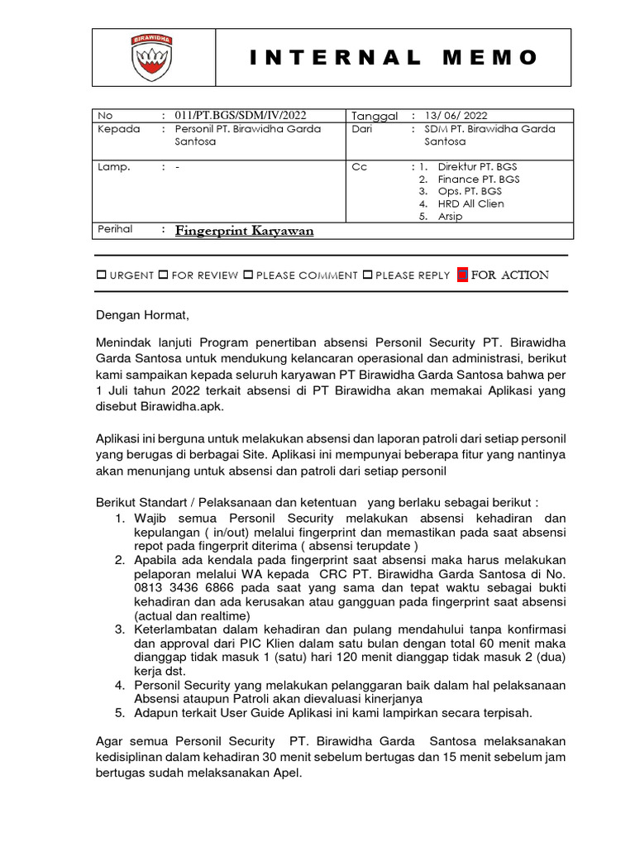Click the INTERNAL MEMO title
[394, 58]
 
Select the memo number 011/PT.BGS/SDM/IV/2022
[246, 116]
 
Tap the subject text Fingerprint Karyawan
[244, 231]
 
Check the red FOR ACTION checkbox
[463, 275]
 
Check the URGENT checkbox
[101, 275]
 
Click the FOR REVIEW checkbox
[163, 275]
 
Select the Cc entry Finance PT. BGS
[480, 179]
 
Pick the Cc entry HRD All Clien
[470, 203]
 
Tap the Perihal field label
[115, 229]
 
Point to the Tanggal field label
[375, 117]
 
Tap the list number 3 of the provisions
[119, 630]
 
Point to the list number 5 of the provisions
[119, 712]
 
